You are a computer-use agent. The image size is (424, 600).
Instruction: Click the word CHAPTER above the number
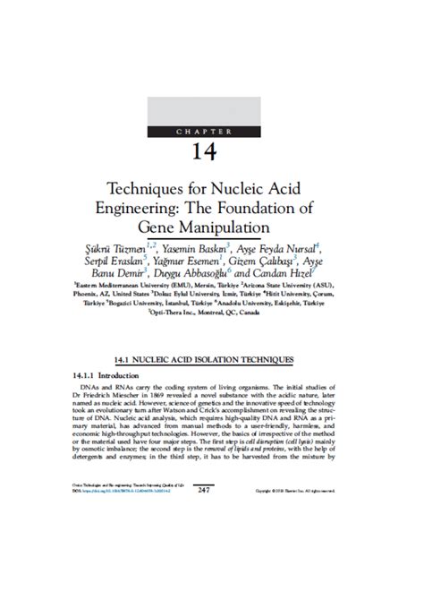tap(212, 132)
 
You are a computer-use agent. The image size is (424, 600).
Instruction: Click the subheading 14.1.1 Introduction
tap(101, 377)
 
